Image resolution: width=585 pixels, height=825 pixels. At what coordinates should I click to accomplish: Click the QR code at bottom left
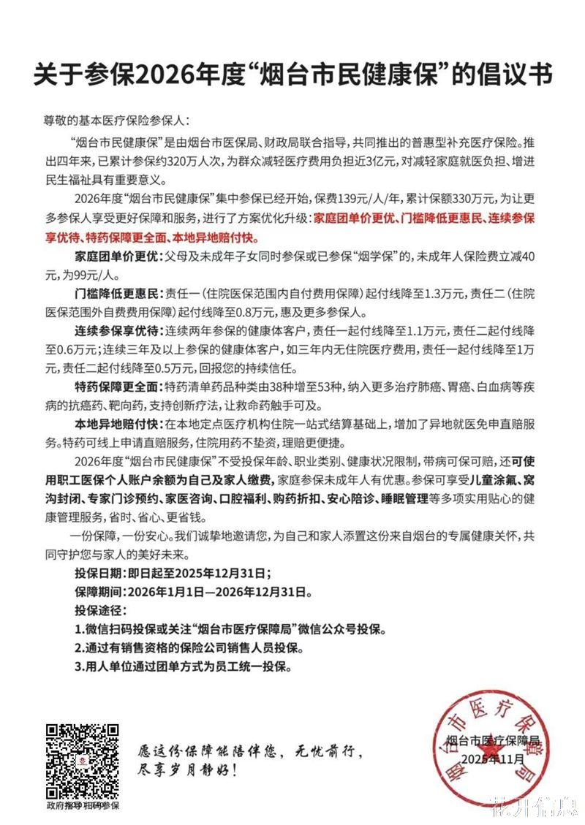(x=83, y=760)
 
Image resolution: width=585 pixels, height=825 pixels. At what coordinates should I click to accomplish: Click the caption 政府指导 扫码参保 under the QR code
(x=82, y=805)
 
